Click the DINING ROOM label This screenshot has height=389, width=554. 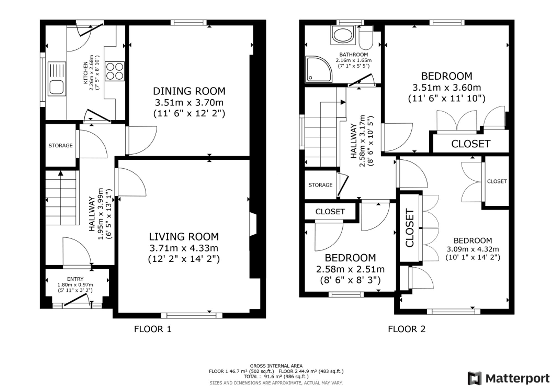189,91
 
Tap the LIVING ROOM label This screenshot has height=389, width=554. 184,237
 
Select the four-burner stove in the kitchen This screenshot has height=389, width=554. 115,72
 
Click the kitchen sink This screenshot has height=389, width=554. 57,79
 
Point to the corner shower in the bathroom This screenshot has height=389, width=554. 319,69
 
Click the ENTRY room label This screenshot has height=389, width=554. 75,279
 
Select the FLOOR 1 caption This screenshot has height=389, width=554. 153,329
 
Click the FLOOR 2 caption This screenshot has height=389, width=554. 407,329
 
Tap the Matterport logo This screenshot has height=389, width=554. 509,378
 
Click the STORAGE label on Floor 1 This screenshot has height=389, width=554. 60,146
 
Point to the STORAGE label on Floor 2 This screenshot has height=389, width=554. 320,185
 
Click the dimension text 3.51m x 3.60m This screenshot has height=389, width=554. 447,88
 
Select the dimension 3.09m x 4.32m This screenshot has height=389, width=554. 473,249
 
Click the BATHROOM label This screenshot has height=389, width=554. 354,55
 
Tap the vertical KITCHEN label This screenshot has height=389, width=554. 86,73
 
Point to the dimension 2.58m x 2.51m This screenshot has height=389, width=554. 350,269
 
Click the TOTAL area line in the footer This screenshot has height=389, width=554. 276,377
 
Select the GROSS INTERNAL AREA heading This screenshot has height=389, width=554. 276,366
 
